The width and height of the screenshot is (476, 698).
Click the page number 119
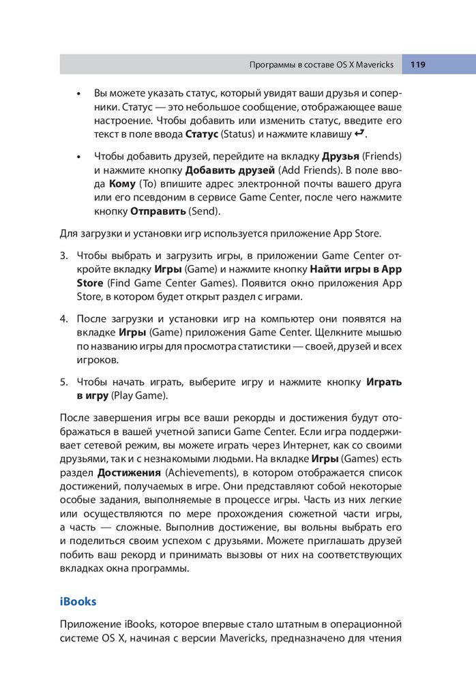click(417, 65)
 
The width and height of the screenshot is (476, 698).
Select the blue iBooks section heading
click(78, 601)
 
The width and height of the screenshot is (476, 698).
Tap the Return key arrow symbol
click(361, 132)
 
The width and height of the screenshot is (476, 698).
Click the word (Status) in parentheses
click(239, 134)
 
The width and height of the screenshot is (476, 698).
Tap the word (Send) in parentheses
click(205, 211)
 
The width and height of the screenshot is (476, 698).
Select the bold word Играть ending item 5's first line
click(384, 382)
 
